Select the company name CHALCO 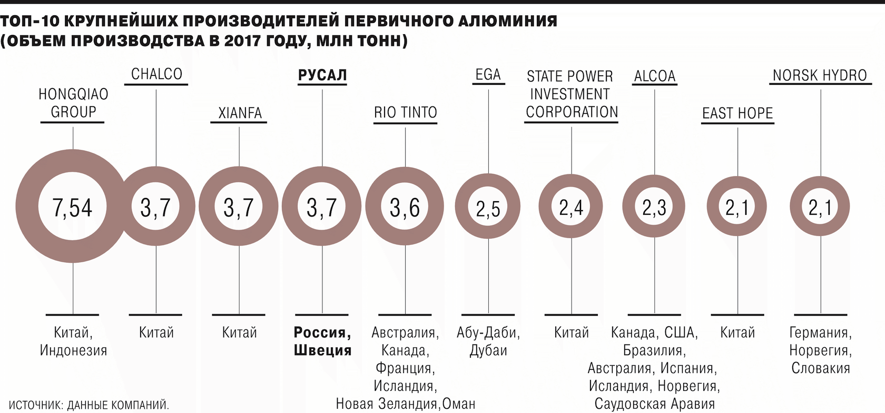click(x=156, y=74)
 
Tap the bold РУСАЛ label click(x=322, y=75)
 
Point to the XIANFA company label click(x=240, y=113)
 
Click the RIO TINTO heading click(x=405, y=112)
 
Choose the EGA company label click(x=488, y=75)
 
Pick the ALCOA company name click(x=654, y=76)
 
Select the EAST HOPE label click(x=737, y=113)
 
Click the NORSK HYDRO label click(x=819, y=75)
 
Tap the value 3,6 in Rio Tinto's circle click(x=405, y=207)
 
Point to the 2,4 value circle click(x=571, y=208)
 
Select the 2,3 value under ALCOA click(x=654, y=208)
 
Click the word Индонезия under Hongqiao click(x=73, y=350)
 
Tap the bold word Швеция click(x=322, y=350)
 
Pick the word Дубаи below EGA click(x=488, y=350)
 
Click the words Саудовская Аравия click(x=654, y=404)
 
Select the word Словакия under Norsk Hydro click(x=820, y=368)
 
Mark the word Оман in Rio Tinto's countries click(x=459, y=404)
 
